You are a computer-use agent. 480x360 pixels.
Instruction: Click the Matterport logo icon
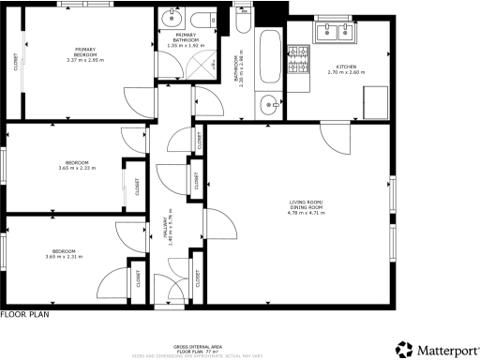[x=403, y=349]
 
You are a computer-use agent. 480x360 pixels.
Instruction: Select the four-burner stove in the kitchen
[x=301, y=61]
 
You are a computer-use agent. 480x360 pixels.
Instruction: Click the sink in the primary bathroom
[x=170, y=20]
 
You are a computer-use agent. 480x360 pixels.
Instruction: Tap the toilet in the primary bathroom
[x=199, y=20]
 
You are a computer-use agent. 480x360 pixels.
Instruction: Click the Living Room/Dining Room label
[x=305, y=203]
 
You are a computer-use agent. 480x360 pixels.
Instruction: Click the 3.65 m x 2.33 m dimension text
[x=64, y=169]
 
